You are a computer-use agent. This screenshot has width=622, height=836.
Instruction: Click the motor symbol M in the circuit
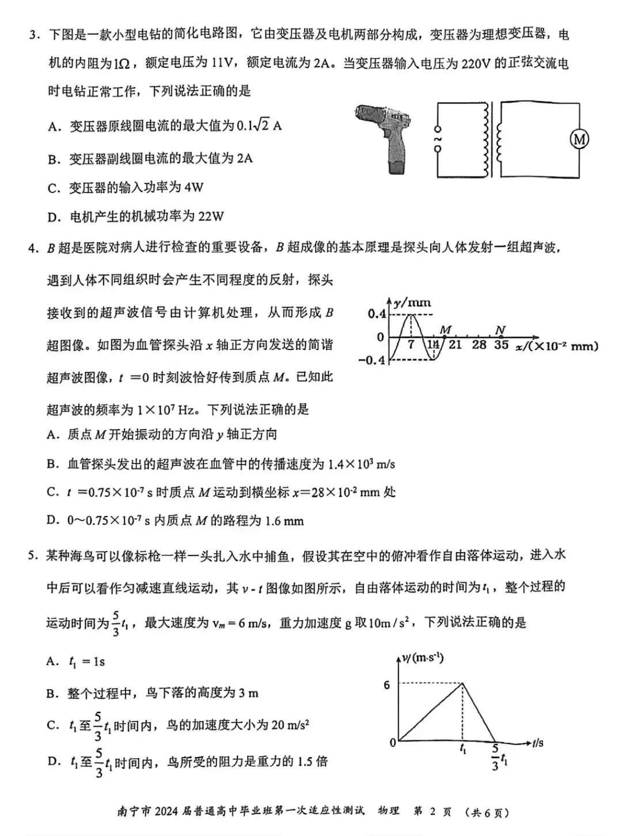579,139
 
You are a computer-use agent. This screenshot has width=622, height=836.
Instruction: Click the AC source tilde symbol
437,139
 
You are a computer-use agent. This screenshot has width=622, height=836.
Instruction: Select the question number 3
33,35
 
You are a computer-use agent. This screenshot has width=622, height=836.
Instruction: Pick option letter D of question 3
54,217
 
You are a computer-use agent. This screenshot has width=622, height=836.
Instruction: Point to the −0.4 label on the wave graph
374,360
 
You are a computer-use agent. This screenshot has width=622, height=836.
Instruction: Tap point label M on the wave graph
445,329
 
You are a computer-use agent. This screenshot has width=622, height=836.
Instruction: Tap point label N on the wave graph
500,329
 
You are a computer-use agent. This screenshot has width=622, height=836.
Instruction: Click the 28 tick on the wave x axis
479,345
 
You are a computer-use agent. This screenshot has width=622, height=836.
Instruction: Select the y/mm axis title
412,302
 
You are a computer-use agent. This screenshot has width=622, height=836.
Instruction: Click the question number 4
33,249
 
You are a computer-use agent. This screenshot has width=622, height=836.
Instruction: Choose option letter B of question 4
53,464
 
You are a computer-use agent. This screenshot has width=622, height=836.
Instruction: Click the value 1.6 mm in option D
284,521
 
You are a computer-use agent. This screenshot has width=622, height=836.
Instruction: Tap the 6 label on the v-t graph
387,685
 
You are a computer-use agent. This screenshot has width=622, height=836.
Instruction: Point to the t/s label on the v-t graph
537,743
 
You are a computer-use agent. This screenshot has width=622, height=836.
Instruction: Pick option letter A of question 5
52,662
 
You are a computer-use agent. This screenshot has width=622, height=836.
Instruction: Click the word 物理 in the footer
389,811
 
